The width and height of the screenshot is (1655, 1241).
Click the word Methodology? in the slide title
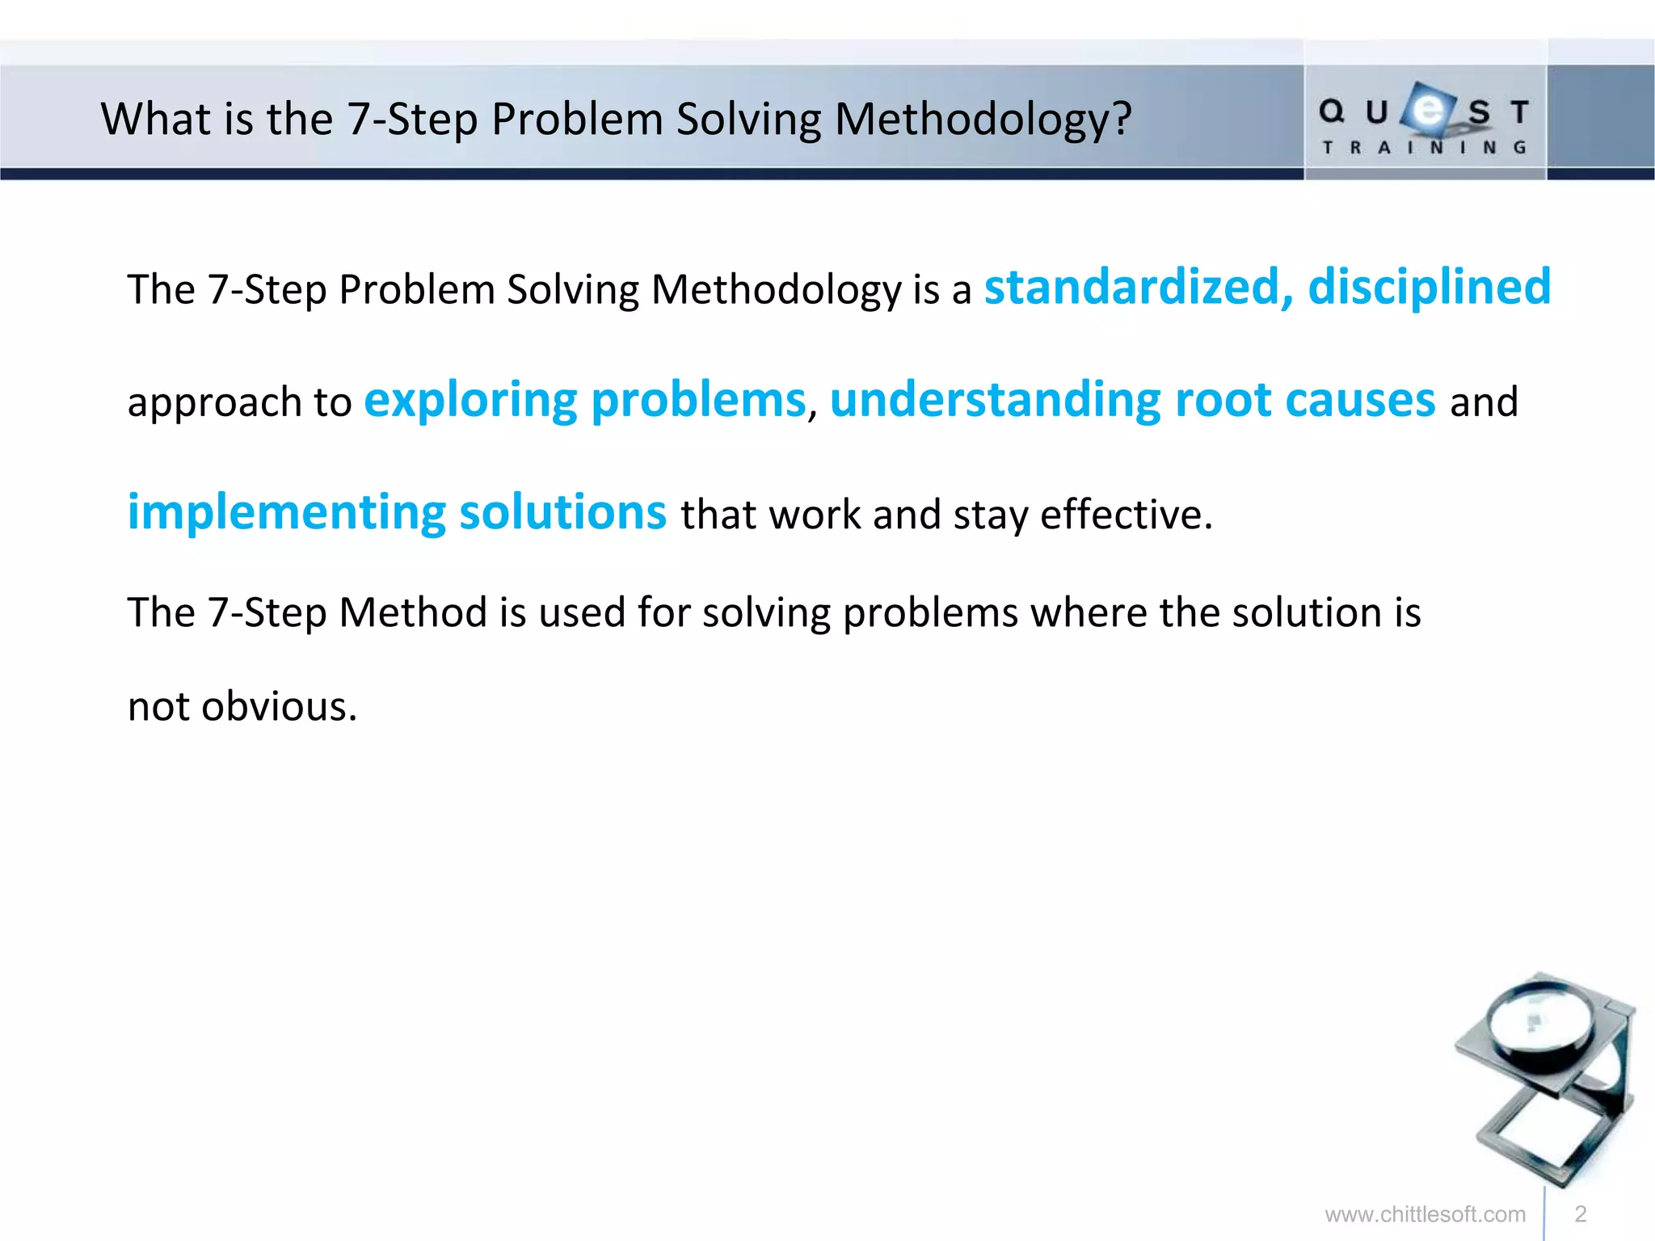982,120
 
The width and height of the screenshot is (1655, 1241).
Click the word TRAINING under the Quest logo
1424,148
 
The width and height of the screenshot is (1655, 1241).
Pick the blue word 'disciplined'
1429,288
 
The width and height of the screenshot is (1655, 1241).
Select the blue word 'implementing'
286,513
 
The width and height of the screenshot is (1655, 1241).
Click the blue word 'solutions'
562,513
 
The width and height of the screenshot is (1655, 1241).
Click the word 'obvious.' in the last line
279,706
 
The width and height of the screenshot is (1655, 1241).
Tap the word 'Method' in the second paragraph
412,612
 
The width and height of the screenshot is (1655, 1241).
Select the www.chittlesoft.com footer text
1425,1214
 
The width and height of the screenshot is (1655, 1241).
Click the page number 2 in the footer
1581,1214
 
